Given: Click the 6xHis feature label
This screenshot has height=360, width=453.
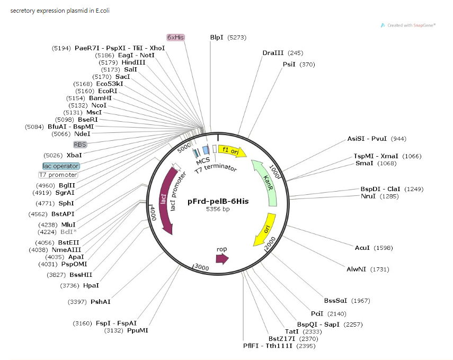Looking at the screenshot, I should [x=176, y=38].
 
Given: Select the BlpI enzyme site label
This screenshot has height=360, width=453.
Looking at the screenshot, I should [x=217, y=38].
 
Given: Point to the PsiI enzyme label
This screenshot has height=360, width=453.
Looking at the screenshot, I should [x=289, y=65].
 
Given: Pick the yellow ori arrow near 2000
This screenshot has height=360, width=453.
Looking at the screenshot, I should [x=264, y=229].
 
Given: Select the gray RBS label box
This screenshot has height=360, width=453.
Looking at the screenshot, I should [x=80, y=144].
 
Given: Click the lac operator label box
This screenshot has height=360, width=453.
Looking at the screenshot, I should [x=61, y=166].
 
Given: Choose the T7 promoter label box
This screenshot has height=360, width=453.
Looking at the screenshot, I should [x=58, y=175].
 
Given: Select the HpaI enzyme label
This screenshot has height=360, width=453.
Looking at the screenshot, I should [x=91, y=286].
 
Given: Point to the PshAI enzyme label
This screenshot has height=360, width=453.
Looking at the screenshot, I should [x=101, y=302].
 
